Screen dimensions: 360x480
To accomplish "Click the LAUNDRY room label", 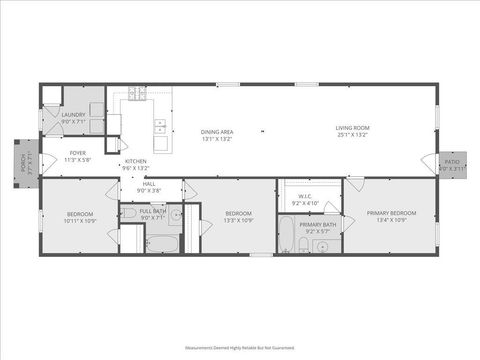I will point(74,115).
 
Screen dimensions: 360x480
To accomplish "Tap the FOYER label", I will point(77,153).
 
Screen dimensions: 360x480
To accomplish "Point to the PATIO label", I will point(452,161).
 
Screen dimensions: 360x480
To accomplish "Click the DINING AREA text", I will point(217,132).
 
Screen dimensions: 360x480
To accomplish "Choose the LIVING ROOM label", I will point(352,127).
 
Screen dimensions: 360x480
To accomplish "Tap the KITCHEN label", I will point(136,161).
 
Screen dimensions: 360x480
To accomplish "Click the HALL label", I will point(149,184).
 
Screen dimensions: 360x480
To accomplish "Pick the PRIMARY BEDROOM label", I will point(391,212).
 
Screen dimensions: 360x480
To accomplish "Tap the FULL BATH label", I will point(153,211).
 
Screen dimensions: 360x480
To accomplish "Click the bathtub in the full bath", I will point(160,242).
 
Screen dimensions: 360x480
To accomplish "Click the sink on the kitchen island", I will point(160,127).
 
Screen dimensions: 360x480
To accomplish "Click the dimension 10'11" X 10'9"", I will point(80,220).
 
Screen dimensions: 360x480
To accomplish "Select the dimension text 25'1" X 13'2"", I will point(352,134).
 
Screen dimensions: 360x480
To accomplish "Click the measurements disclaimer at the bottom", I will point(240,348).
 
